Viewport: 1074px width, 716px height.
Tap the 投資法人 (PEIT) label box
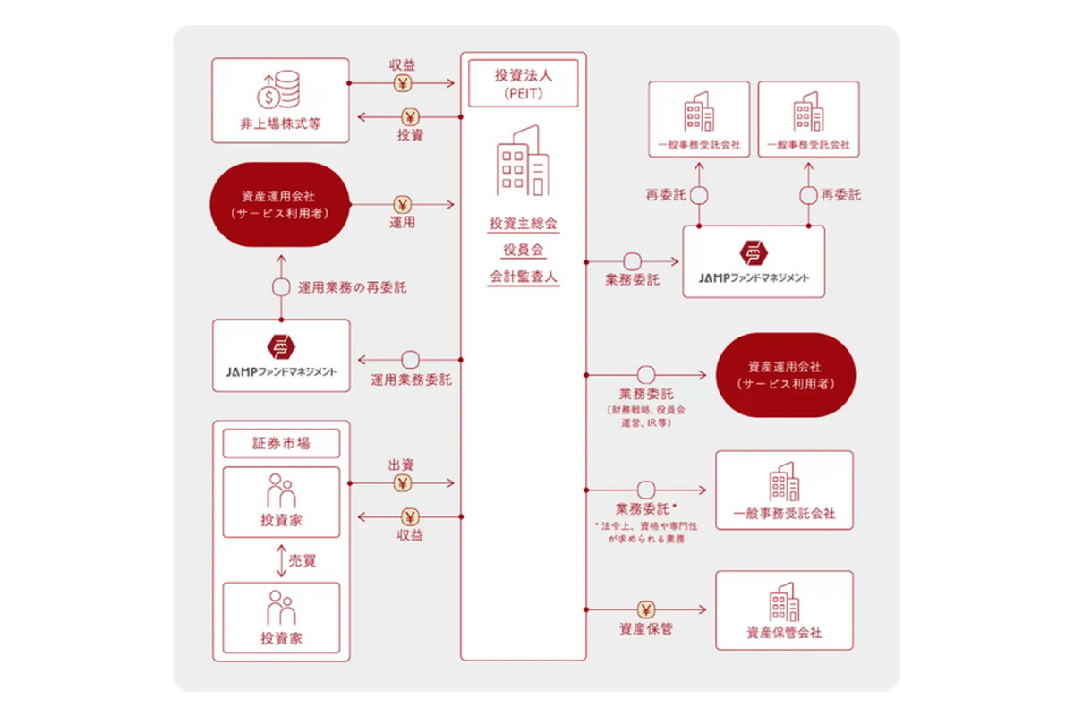pyautogui.click(x=524, y=82)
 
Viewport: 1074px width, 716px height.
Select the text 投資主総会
pyautogui.click(x=524, y=222)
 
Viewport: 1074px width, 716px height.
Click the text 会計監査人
pyautogui.click(x=524, y=277)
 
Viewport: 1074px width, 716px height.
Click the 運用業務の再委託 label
pyautogui.click(x=352, y=288)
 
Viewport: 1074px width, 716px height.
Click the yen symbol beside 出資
pyautogui.click(x=402, y=483)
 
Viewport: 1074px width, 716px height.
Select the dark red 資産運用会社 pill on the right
pyautogui.click(x=784, y=375)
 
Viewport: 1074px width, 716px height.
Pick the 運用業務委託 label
pyautogui.click(x=411, y=379)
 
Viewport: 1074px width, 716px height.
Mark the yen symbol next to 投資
pyautogui.click(x=410, y=117)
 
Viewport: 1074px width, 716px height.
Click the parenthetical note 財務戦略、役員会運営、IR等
pyautogui.click(x=644, y=415)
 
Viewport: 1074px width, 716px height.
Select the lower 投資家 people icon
pyautogui.click(x=281, y=608)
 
